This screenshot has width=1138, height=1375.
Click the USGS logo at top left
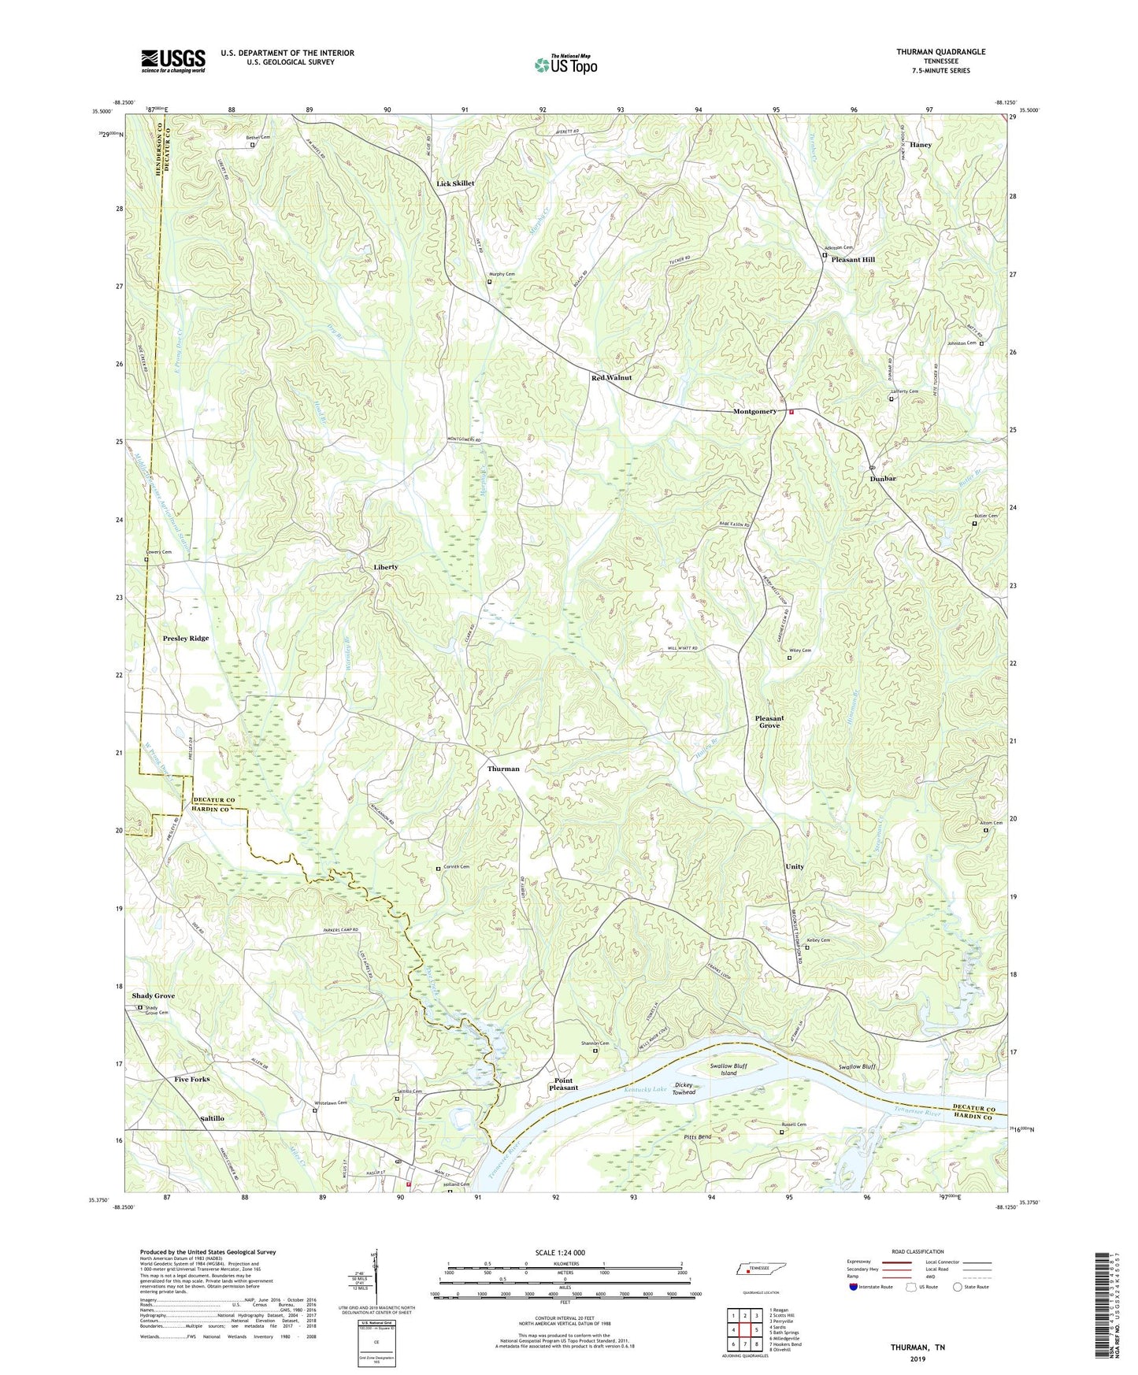(173, 61)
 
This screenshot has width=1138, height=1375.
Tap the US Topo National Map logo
(565, 64)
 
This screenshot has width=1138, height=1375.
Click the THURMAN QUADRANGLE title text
(940, 52)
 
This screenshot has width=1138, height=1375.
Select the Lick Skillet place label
(456, 183)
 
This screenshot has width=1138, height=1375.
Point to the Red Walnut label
(611, 378)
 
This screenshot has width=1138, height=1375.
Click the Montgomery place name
(754, 412)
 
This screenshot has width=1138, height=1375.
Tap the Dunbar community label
(883, 479)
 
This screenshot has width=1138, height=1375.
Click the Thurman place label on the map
(503, 769)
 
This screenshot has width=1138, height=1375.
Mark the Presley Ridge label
(186, 639)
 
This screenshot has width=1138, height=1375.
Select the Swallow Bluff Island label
(728, 1069)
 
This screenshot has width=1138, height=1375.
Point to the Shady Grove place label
(154, 996)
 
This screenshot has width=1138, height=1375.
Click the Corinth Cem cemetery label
(456, 867)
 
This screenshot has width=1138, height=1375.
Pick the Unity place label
(795, 867)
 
